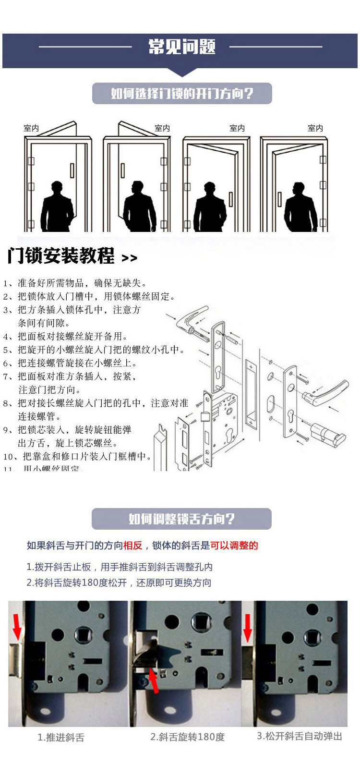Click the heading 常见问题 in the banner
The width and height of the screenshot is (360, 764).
point(181,47)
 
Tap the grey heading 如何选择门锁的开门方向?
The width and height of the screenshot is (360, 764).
point(182,93)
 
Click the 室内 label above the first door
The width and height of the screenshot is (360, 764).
point(31,128)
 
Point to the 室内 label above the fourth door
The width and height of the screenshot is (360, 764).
point(315,128)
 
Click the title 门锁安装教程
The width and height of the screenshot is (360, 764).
point(61,256)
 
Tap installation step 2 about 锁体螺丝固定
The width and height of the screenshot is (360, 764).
point(89,296)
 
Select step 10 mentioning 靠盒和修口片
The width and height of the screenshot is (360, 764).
point(77,456)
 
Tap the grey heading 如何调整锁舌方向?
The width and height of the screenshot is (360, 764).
point(181,519)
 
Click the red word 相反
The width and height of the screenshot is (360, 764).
point(133,546)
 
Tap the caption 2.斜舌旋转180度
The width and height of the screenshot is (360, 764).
point(187,737)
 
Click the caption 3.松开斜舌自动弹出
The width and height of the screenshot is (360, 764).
point(300,736)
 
